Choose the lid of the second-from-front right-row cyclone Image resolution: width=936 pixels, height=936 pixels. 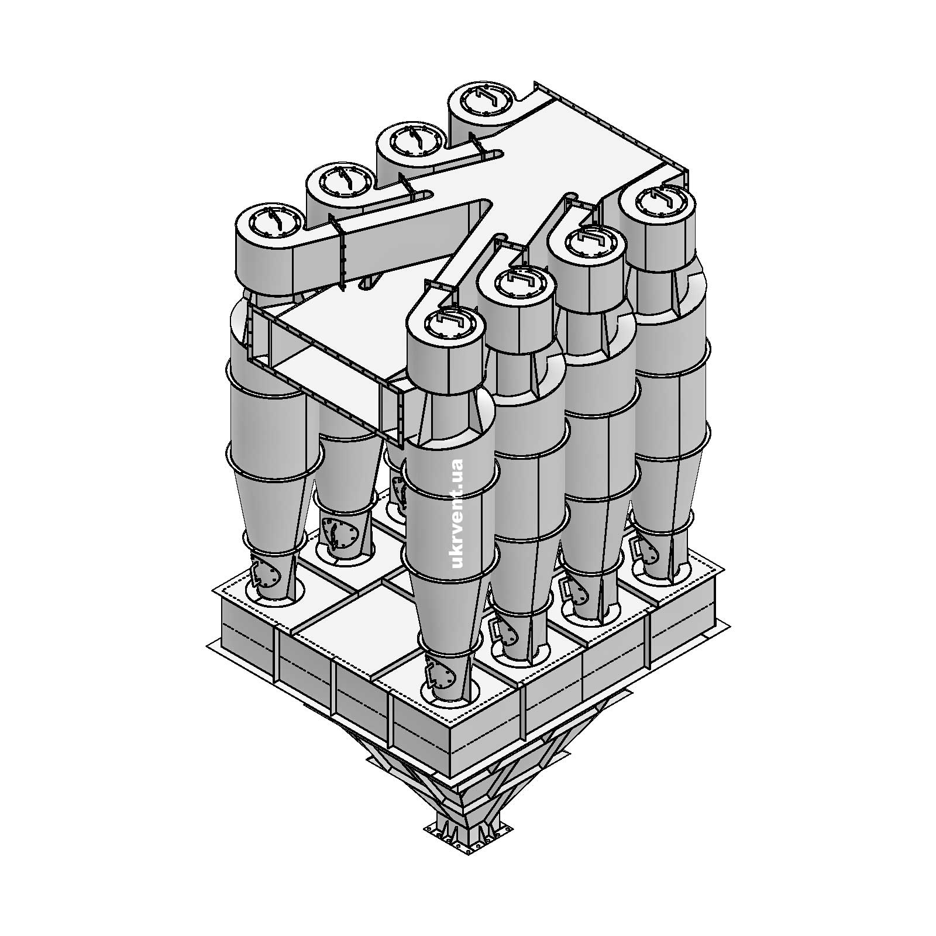(515, 282)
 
